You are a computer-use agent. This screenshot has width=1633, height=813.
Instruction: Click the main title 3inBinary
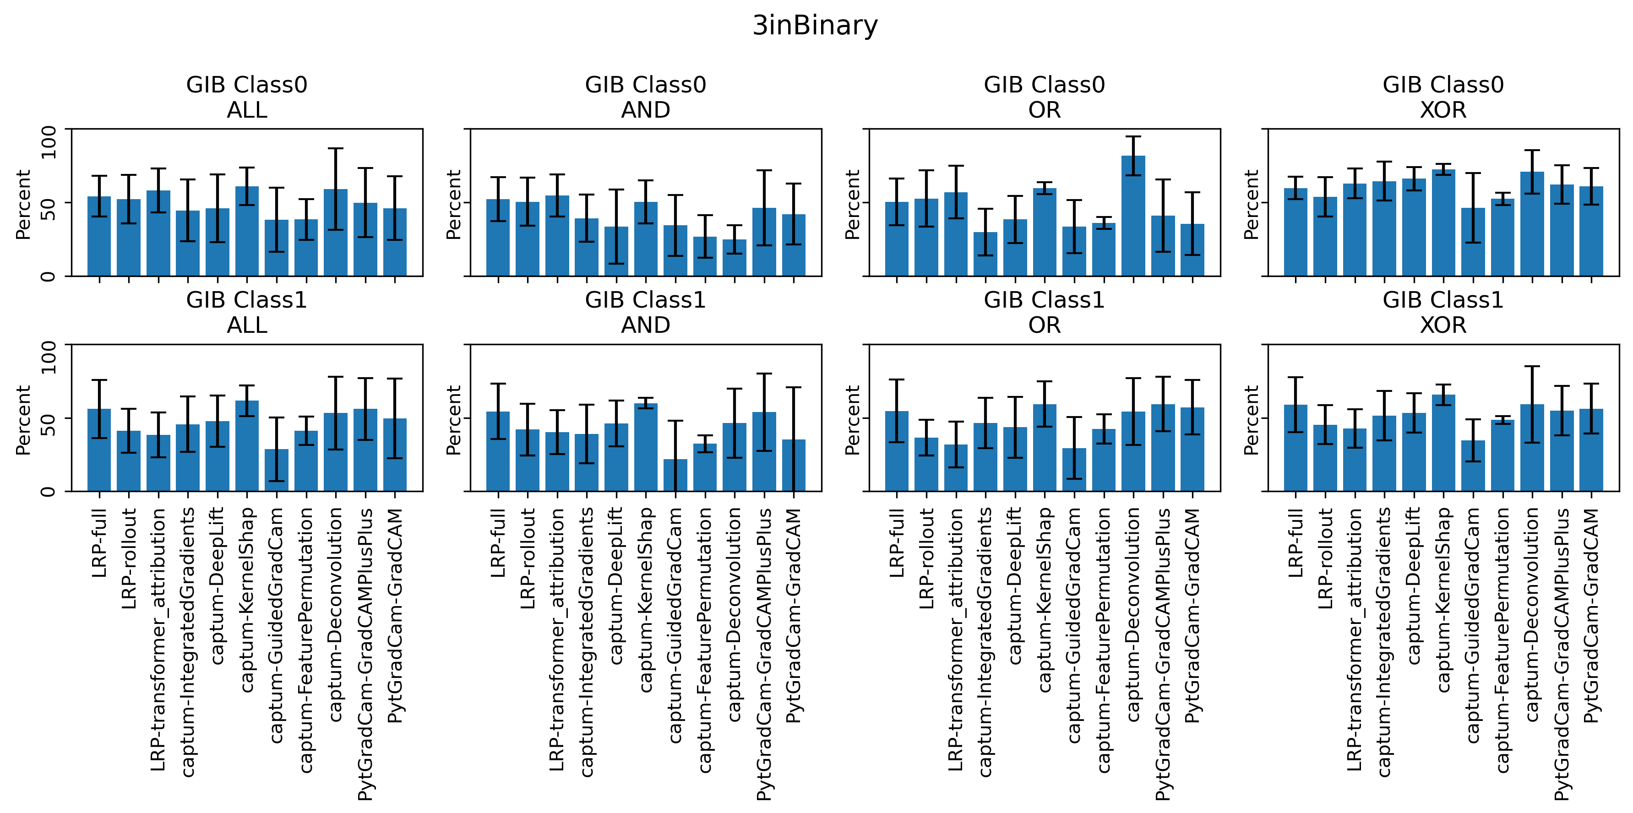815,25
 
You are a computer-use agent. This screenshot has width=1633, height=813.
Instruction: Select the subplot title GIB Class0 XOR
1443,97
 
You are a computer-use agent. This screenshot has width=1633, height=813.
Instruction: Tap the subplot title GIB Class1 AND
645,312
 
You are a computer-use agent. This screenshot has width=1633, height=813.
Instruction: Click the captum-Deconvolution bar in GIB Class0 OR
1133,216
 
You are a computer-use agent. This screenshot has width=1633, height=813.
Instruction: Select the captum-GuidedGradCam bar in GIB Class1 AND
675,475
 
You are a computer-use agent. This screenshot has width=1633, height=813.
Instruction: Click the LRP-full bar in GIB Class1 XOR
1295,448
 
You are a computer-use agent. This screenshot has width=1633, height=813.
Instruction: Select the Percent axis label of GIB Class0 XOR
1252,205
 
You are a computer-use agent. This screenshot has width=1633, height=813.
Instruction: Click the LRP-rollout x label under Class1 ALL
129,558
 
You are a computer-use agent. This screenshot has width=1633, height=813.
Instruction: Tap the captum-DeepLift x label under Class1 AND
615,585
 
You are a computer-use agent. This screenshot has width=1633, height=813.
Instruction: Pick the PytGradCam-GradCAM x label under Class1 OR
1193,615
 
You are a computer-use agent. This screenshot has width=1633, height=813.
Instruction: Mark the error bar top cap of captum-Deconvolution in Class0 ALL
335,149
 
